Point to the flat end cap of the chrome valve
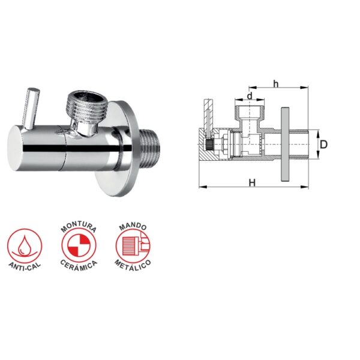click(15, 148)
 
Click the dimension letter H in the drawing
click(252, 183)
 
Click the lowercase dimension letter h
click(275, 84)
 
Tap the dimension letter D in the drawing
click(323, 145)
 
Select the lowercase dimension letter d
click(250, 96)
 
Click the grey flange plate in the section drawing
click(285, 144)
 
